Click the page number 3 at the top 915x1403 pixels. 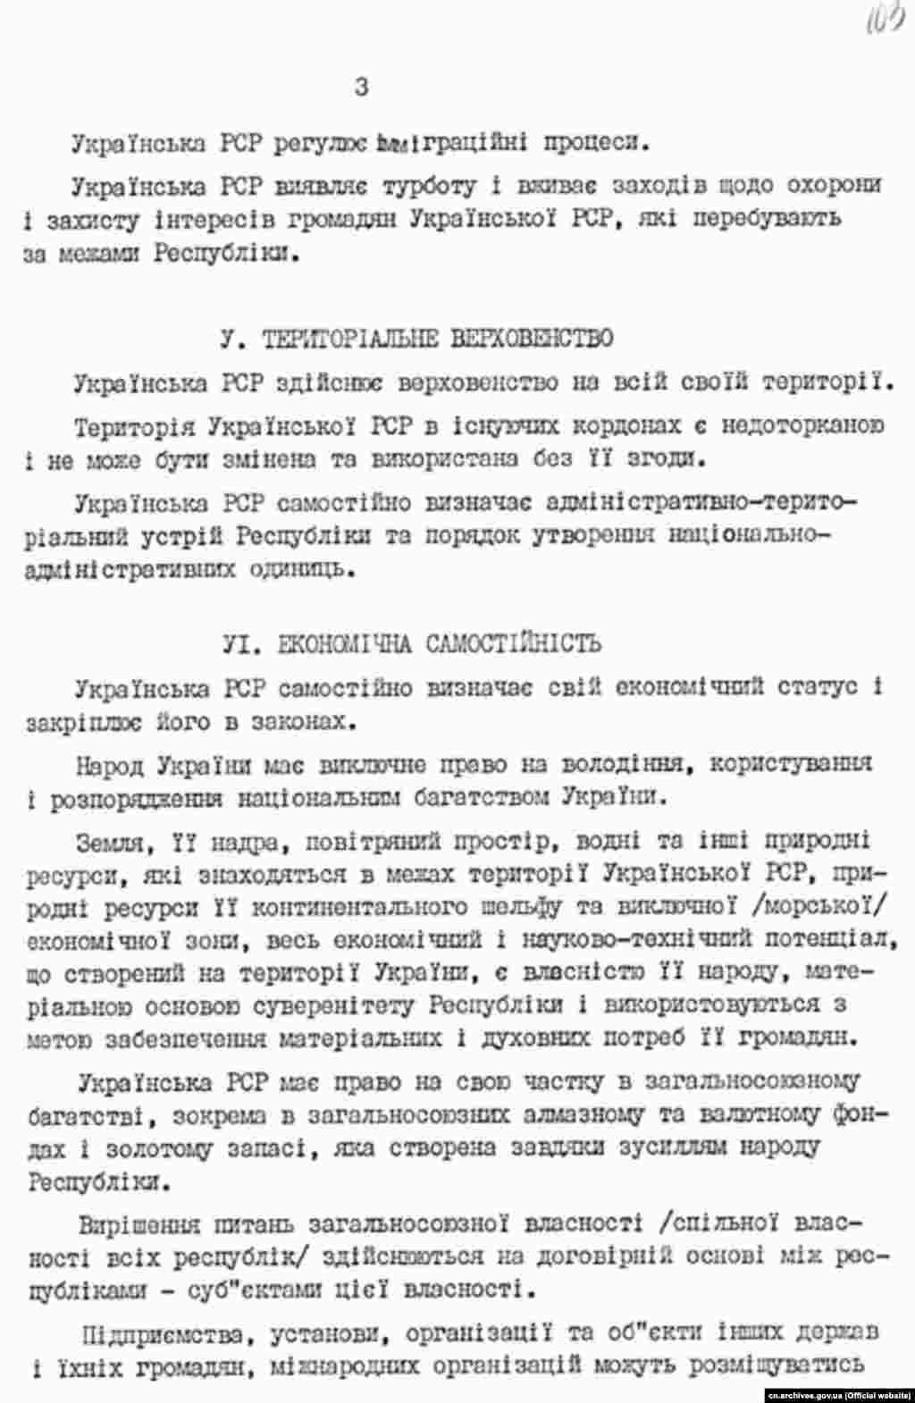(361, 88)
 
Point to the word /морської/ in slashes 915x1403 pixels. (822, 907)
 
